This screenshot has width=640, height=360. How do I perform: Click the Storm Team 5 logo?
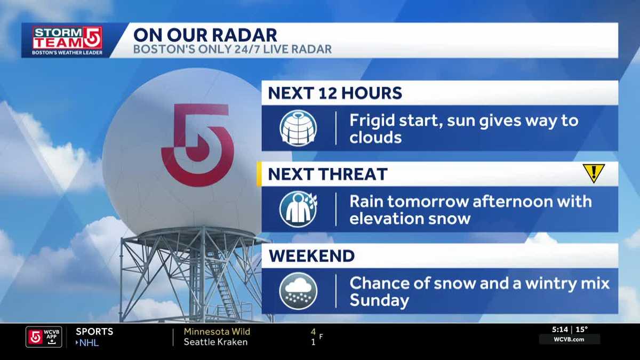pyautogui.click(x=67, y=41)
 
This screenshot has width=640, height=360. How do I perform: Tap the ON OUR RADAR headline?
pyautogui.click(x=205, y=35)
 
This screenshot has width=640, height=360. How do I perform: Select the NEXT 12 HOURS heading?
pyautogui.click(x=335, y=93)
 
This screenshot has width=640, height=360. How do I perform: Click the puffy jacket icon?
pyautogui.click(x=298, y=128)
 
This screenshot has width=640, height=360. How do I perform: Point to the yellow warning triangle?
pyautogui.click(x=594, y=172)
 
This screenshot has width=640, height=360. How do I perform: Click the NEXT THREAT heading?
pyautogui.click(x=327, y=174)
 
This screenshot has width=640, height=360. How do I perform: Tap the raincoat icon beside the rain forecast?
pyautogui.click(x=298, y=209)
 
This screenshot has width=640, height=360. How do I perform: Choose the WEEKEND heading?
pyautogui.click(x=311, y=255)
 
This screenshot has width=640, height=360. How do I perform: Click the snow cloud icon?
pyautogui.click(x=298, y=291)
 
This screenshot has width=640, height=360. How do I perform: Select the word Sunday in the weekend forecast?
pyautogui.click(x=379, y=301)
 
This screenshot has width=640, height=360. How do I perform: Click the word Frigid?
pyautogui.click(x=372, y=121)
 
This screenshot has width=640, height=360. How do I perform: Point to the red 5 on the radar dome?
pyautogui.click(x=198, y=145)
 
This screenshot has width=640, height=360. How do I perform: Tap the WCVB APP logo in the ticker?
pyautogui.click(x=44, y=337)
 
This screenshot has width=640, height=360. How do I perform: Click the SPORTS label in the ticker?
pyautogui.click(x=94, y=331)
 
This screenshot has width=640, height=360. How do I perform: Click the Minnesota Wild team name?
pyautogui.click(x=217, y=331)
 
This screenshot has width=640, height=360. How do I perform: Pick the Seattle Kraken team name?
pyautogui.click(x=215, y=342)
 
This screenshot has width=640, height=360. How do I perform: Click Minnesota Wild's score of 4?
pyautogui.click(x=314, y=332)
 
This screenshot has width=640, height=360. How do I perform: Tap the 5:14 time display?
pyautogui.click(x=560, y=330)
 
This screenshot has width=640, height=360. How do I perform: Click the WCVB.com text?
pyautogui.click(x=569, y=339)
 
